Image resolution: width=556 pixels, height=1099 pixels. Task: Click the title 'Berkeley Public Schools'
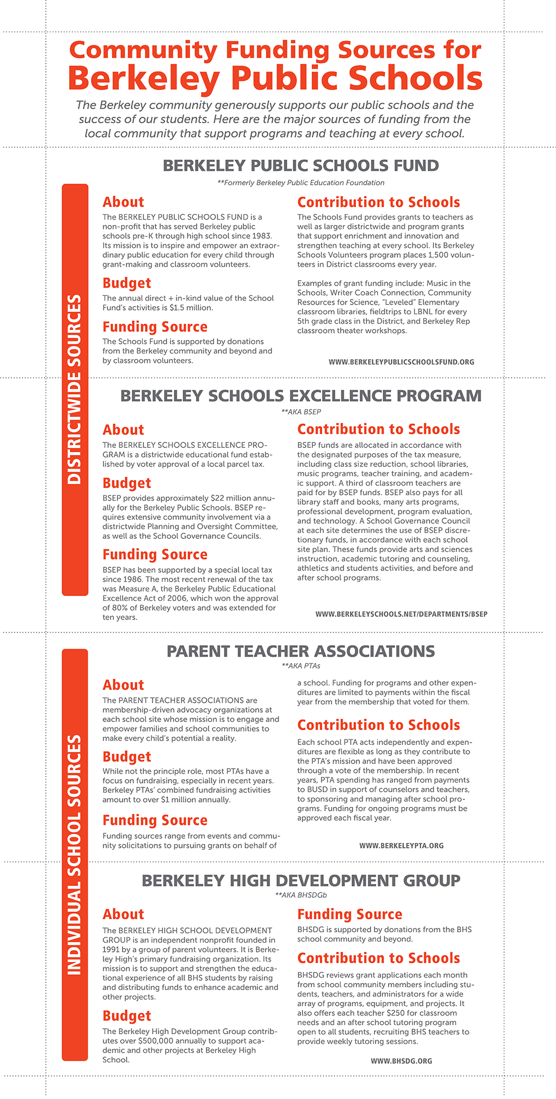[275, 78]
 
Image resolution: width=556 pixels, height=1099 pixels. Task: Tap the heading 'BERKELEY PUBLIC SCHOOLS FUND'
[300, 166]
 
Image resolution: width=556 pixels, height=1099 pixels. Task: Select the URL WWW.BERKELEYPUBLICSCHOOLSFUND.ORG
[401, 362]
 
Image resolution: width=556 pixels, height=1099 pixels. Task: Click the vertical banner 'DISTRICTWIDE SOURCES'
[75, 389]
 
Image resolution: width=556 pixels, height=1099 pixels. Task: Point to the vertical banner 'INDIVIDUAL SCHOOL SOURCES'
[75, 854]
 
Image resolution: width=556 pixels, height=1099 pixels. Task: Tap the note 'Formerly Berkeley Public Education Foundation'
[300, 183]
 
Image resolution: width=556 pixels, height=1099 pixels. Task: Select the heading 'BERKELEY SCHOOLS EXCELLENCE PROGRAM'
[300, 396]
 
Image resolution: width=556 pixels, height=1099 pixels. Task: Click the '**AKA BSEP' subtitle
[300, 412]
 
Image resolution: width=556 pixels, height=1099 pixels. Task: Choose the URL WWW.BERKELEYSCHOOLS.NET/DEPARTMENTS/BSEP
[401, 614]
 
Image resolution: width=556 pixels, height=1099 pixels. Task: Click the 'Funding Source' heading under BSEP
[155, 555]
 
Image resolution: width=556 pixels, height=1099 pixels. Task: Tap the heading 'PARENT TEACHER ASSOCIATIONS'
[300, 651]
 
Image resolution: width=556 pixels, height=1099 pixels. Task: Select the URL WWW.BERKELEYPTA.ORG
[401, 846]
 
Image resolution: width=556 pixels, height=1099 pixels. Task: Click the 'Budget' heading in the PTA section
[126, 757]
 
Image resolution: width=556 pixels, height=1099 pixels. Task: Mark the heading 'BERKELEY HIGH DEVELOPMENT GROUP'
[300, 881]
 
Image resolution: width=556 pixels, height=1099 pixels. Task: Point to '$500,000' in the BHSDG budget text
[156, 1041]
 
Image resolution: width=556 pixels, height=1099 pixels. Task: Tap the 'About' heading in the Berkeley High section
[123, 914]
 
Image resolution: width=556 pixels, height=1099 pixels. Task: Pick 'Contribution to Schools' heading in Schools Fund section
[378, 202]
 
